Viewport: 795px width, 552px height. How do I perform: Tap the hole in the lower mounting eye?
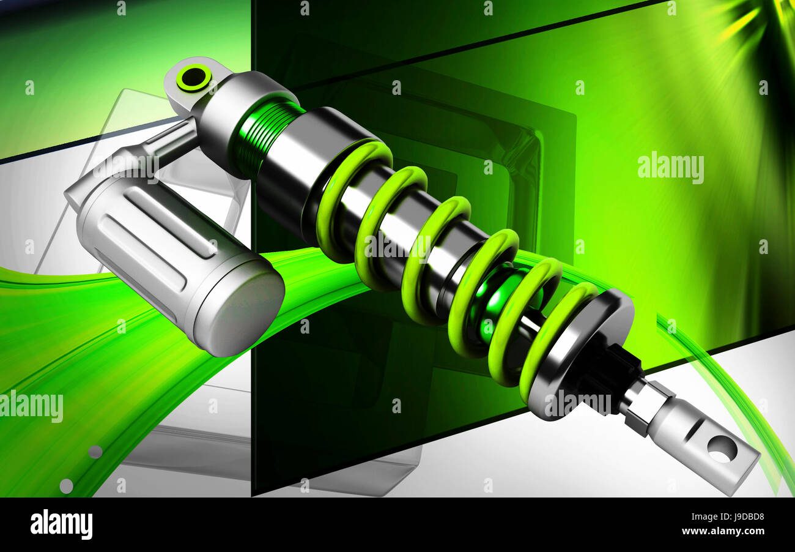pyautogui.click(x=722, y=449)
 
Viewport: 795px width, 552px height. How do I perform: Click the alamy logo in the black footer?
pyautogui.click(x=61, y=524)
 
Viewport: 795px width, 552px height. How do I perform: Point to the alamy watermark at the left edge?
pyautogui.click(x=31, y=406)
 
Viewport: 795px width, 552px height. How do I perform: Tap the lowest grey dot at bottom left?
pyautogui.click(x=66, y=486)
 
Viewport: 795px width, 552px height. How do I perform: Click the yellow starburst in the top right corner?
pyautogui.click(x=743, y=21)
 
